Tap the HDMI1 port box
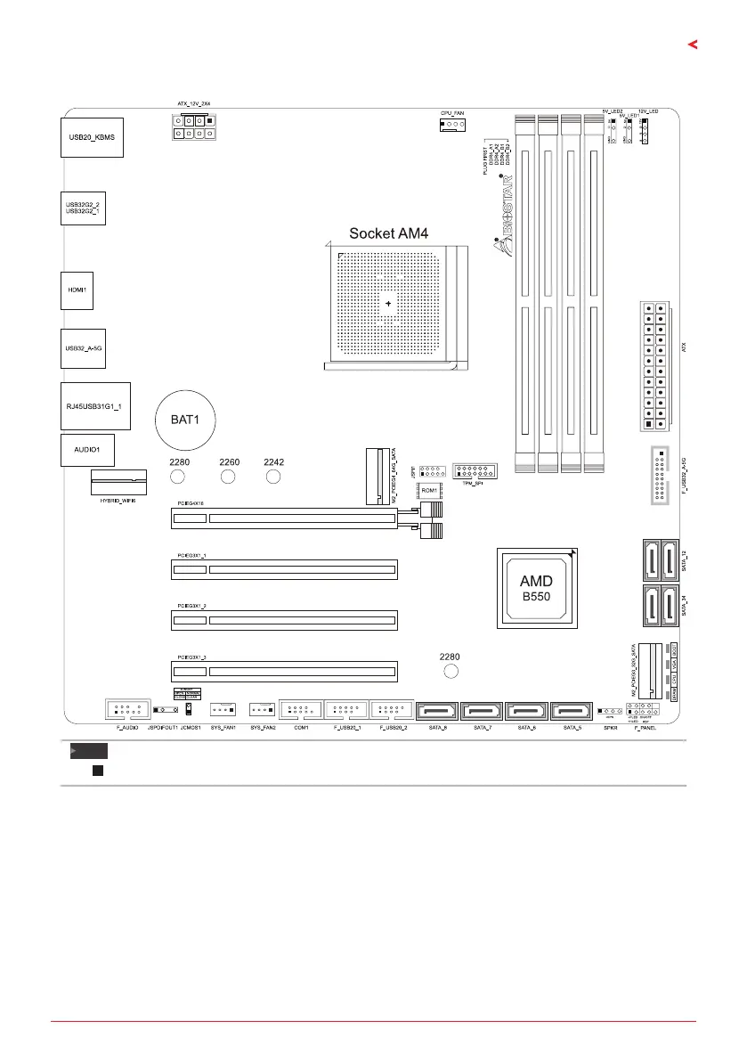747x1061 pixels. click(x=77, y=290)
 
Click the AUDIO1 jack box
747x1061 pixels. click(x=88, y=451)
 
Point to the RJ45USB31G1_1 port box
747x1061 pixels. click(x=95, y=406)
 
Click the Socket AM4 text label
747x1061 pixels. click(x=389, y=234)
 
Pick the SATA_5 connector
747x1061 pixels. click(x=572, y=712)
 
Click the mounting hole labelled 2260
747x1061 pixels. click(x=228, y=478)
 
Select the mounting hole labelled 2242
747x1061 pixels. click(x=274, y=478)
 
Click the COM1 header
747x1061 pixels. click(x=300, y=710)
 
